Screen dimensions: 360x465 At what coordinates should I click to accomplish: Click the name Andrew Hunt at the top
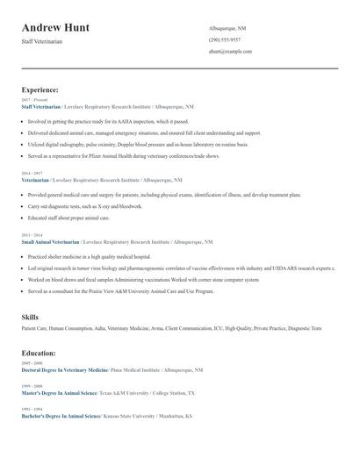[55, 27]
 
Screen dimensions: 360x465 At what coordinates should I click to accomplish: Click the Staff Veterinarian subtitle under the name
[43, 42]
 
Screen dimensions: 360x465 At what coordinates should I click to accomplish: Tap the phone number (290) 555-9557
[225, 40]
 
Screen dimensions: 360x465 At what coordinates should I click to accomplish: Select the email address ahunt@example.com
[230, 52]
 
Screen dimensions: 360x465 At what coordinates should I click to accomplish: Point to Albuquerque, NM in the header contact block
[227, 29]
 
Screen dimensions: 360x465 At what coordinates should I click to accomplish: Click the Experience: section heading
[40, 89]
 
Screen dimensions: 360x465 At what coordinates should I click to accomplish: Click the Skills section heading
[30, 316]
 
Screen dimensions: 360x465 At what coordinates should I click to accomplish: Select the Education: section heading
[39, 353]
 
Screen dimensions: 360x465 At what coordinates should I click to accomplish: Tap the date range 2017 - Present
[34, 100]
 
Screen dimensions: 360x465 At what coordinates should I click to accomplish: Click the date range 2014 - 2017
[32, 173]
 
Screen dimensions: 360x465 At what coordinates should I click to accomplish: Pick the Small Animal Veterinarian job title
[51, 241]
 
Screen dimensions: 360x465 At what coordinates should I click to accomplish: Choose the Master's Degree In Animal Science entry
[59, 393]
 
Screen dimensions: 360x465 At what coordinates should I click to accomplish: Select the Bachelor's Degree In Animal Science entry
[60, 416]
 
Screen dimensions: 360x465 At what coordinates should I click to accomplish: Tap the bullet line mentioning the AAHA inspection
[108, 121]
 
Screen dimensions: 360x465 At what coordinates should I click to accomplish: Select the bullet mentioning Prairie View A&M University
[120, 290]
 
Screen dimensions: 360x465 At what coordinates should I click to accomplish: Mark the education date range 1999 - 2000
[31, 386]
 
